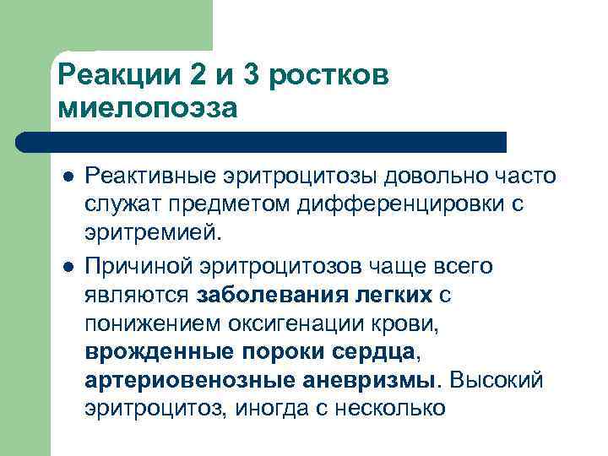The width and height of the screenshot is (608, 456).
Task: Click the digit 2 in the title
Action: tap(200, 75)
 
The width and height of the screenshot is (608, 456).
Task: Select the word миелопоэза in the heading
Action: tap(149, 108)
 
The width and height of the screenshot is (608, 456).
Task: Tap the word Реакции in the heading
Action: tap(120, 75)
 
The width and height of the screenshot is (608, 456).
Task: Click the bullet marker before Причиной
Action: tap(67, 266)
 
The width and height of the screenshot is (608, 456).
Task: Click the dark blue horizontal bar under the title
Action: tap(279, 142)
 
